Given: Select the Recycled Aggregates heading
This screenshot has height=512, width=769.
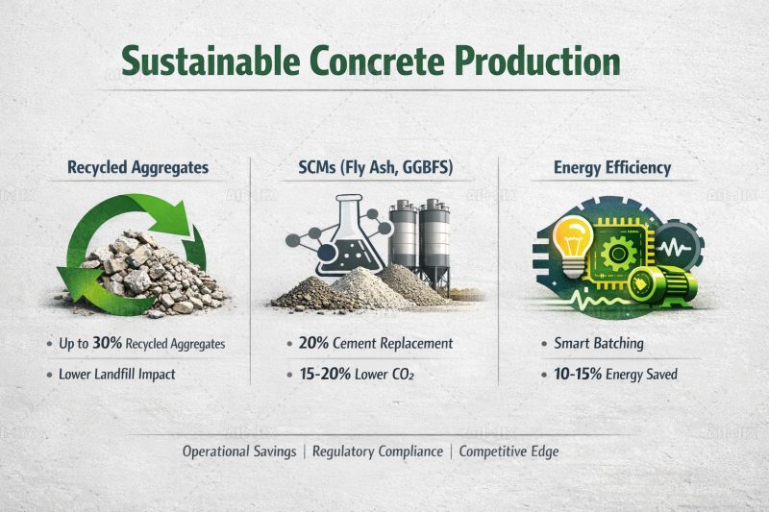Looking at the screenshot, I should (x=137, y=167).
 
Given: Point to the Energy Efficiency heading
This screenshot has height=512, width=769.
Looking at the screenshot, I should (x=612, y=167).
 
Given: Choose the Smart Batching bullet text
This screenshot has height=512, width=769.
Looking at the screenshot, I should (x=599, y=343).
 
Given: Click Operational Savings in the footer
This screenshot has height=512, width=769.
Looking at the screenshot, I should (x=239, y=451).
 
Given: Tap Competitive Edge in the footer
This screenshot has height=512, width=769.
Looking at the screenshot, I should (x=509, y=451).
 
